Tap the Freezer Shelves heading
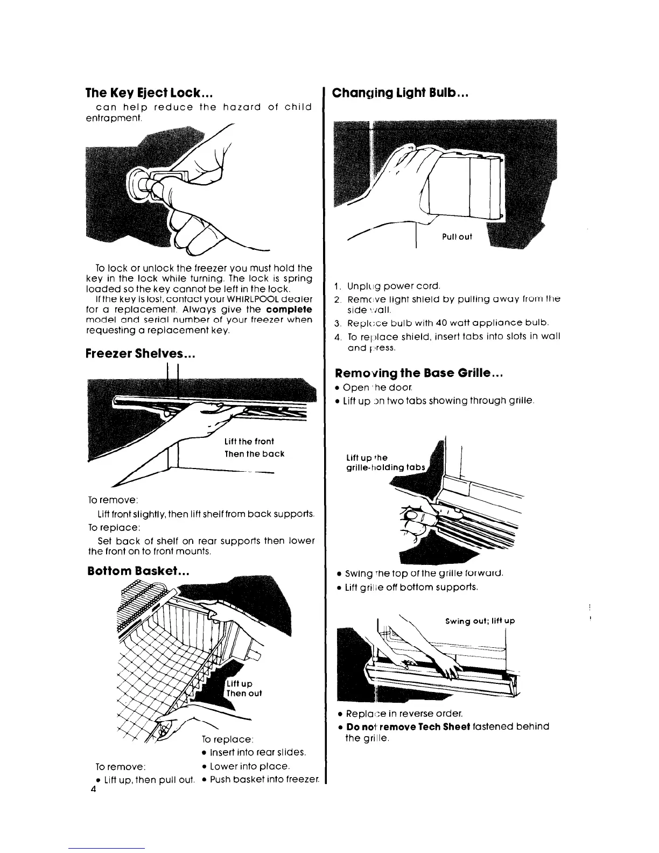point(140,354)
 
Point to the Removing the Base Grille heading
point(418,373)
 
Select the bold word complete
point(289,310)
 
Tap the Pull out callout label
point(457,237)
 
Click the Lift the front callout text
point(249,442)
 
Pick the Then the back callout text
point(254,454)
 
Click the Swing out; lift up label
point(480,621)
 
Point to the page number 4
point(93,791)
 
